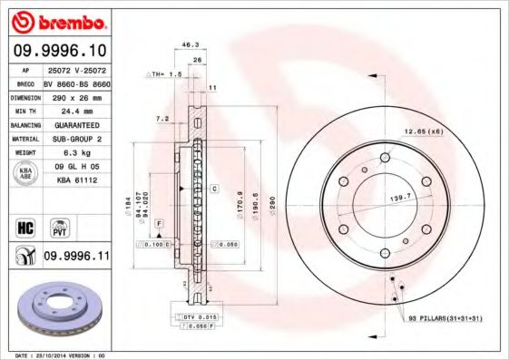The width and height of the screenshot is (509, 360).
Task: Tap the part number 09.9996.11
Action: tap(75, 258)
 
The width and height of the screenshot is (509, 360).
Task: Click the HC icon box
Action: tap(24, 227)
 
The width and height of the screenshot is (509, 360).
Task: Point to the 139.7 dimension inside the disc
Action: tap(402, 196)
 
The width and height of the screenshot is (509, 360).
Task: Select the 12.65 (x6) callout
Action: tap(423, 132)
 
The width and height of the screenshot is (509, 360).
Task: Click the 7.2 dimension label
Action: tap(163, 119)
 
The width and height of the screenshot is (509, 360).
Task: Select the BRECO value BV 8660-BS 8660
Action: tap(75, 83)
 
